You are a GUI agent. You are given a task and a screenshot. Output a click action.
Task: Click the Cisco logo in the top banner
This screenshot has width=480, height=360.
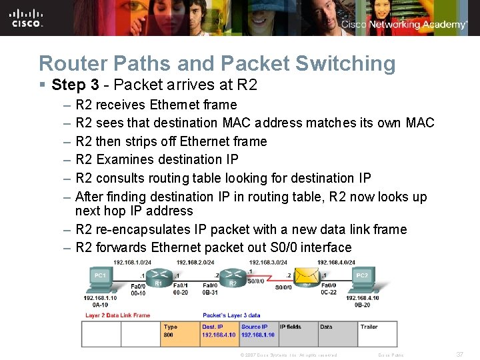click(27, 18)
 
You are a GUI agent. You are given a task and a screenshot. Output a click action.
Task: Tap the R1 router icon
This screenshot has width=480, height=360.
click(159, 275)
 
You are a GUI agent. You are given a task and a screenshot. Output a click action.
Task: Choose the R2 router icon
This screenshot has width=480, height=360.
click(233, 275)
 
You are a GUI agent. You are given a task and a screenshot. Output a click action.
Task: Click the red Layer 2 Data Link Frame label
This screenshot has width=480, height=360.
click(117, 315)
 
